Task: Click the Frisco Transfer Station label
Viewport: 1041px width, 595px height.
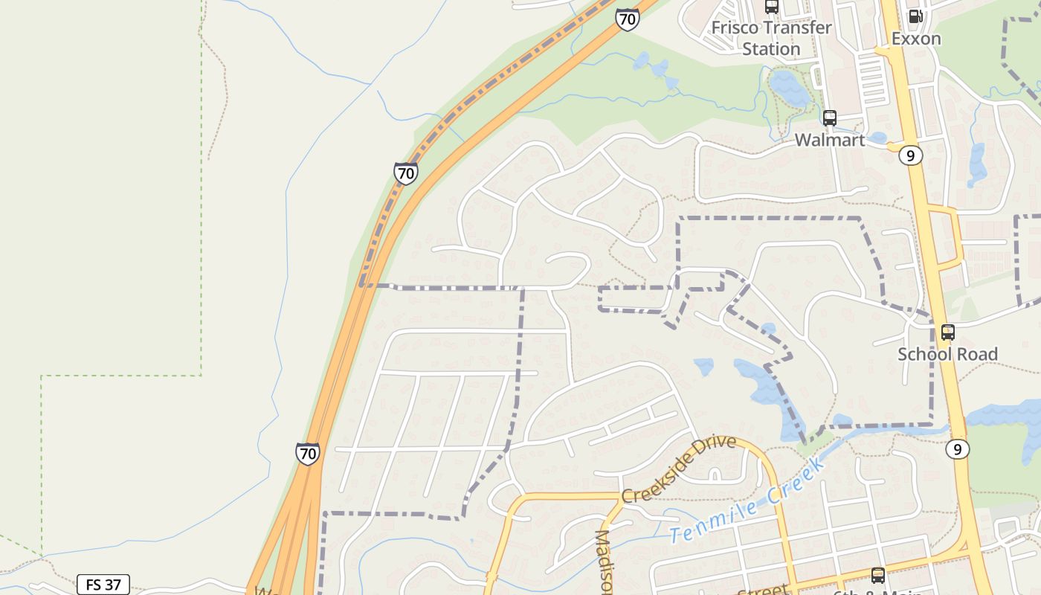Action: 771,38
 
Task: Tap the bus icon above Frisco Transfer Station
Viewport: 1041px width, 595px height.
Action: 772,7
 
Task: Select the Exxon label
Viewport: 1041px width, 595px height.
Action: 916,39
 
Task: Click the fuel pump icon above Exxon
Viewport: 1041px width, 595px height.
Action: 916,16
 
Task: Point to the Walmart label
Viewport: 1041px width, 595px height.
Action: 830,140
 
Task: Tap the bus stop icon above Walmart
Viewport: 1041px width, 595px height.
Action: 830,118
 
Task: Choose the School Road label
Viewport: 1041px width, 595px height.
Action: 947,354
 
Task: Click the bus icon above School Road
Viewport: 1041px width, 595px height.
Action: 948,332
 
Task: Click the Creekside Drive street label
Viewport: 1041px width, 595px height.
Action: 679,469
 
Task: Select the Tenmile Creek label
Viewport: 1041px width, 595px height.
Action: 748,501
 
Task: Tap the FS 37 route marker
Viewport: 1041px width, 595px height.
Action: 103,585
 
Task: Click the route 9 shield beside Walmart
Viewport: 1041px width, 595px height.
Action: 910,155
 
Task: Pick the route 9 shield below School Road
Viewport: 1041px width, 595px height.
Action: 958,449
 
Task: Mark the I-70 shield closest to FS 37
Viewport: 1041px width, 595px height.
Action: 307,453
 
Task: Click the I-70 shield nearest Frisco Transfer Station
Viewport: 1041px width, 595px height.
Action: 627,19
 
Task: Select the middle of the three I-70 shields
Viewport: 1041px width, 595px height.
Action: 405,174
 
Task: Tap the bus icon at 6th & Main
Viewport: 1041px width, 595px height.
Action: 878,575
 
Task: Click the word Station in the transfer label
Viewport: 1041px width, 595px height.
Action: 771,49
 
